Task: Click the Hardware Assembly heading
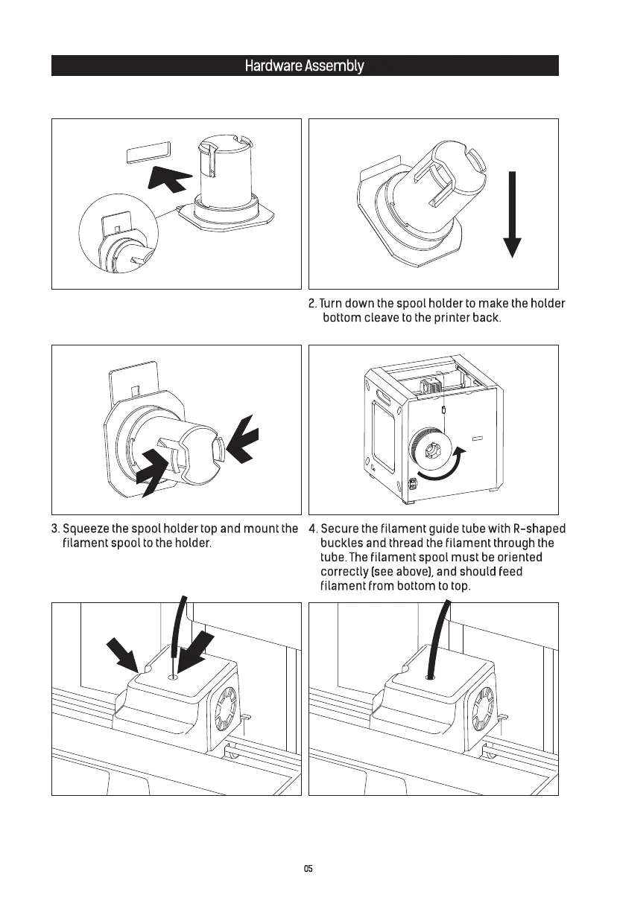coord(304,66)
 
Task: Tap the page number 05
coord(308,869)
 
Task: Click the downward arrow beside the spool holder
coord(512,216)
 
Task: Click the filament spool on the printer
coord(428,450)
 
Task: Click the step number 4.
coord(312,529)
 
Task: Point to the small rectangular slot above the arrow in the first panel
coord(147,153)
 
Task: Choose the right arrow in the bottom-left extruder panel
coord(198,652)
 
